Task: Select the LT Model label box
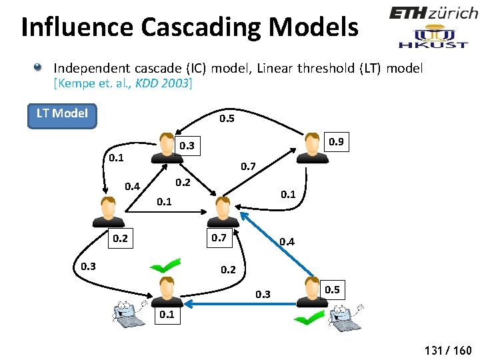pos(62,113)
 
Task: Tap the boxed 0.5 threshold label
pos(331,289)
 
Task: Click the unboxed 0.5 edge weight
pos(227,119)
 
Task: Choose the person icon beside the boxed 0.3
pos(167,147)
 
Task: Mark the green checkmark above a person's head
pos(165,267)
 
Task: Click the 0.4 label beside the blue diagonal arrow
pos(287,241)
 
